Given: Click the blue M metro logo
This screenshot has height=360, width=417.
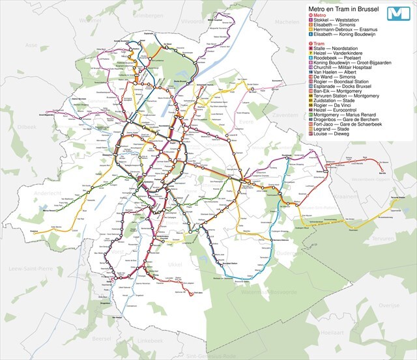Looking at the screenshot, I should [397, 14].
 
